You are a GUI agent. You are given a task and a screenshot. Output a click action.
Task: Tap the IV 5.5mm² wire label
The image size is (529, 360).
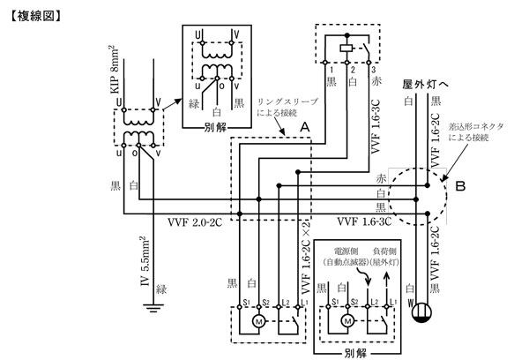pos(142,262)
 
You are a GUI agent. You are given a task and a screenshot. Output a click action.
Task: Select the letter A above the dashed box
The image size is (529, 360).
pos(304,127)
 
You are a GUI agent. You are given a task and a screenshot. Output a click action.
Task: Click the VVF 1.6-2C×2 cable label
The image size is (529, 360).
pos(305,256)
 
